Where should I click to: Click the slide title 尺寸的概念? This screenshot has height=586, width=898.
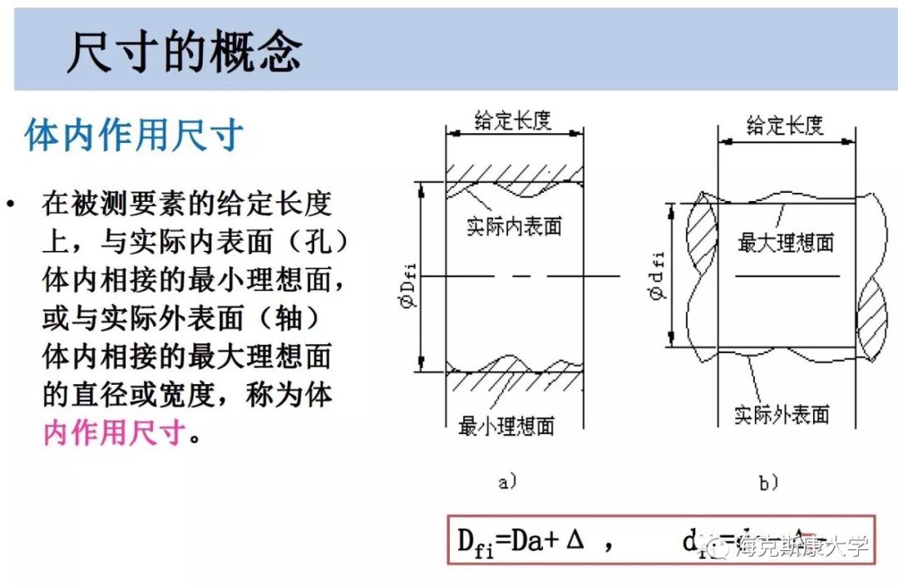click(184, 52)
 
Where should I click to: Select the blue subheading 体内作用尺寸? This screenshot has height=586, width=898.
click(134, 135)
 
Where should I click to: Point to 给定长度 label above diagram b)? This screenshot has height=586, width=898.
click(785, 126)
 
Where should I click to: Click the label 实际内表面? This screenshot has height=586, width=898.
click(514, 226)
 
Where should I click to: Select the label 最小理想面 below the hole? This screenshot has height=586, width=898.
click(506, 427)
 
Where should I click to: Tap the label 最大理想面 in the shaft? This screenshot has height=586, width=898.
click(785, 243)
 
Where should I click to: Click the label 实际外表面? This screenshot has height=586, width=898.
click(782, 413)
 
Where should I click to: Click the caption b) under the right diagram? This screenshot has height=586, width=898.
click(767, 482)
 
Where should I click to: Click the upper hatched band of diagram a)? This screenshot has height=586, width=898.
click(514, 176)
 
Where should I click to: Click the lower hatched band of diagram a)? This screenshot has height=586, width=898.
click(514, 379)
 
